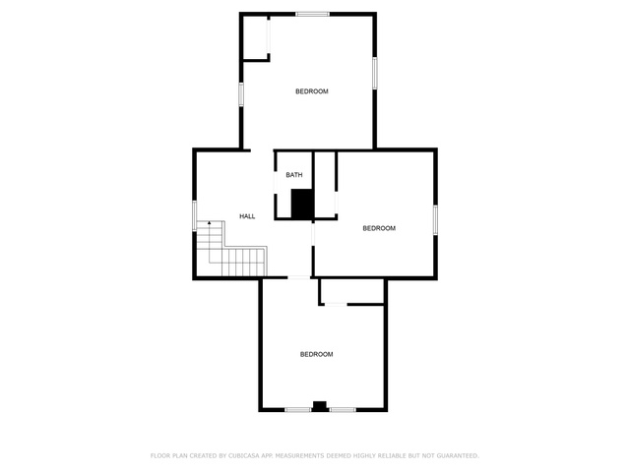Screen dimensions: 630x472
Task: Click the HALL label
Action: pos(247,216)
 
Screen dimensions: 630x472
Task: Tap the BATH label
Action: pos(294,175)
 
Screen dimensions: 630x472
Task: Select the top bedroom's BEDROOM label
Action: pos(312,91)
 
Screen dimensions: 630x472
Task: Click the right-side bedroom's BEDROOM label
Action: pos(379,228)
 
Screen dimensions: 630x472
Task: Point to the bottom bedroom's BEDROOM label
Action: pos(317,354)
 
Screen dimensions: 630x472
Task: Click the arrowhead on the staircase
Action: pos(210,222)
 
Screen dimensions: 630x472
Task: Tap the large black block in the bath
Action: pos(302,204)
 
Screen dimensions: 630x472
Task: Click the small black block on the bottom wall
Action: pos(320,406)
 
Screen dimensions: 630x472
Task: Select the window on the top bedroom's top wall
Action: pos(313,14)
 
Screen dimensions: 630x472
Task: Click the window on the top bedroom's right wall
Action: pos(374,73)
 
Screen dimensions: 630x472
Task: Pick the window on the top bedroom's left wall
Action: pos(241,94)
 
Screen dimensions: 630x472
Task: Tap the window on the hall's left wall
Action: pos(195,215)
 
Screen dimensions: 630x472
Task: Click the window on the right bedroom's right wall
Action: pos(435,219)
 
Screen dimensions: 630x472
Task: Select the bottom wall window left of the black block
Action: pos(297,410)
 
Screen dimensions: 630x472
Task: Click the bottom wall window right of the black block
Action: pos(343,410)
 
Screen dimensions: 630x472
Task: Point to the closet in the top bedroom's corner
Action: pos(256,37)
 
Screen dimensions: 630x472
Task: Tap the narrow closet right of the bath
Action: pos(325,185)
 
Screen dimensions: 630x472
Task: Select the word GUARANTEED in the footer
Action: pos(458,455)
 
